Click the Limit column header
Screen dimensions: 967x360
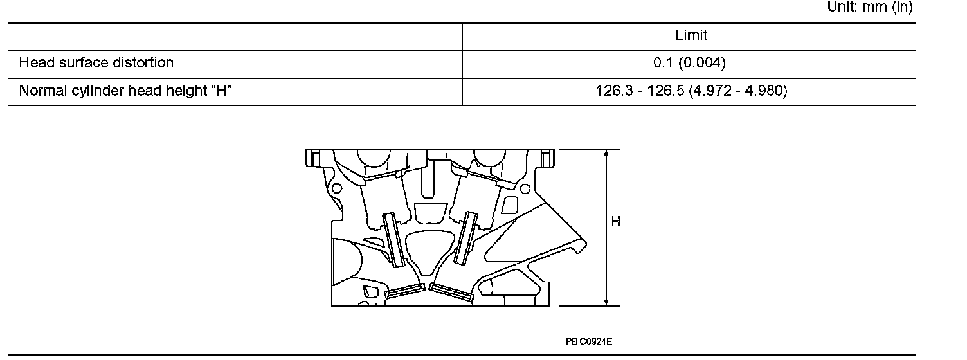691,35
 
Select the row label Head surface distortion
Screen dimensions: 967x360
96,63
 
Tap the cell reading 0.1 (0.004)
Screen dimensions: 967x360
689,63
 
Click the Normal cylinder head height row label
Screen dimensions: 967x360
125,91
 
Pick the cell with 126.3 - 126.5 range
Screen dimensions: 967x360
691,91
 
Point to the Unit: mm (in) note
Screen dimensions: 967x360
870,6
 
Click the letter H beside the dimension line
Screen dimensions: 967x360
616,221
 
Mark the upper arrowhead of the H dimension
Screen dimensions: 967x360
606,153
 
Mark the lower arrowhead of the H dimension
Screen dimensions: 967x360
606,301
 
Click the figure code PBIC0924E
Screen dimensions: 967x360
589,341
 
